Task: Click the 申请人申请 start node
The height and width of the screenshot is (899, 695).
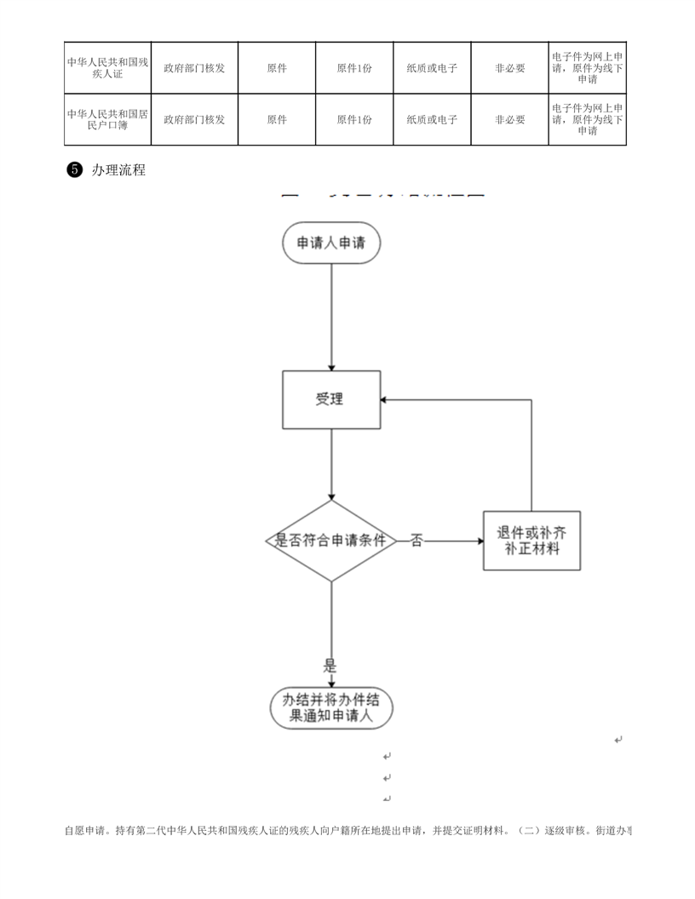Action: pyautogui.click(x=330, y=243)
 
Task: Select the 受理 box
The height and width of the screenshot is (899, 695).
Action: pyautogui.click(x=330, y=399)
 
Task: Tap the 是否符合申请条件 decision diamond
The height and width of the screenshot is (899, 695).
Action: pyautogui.click(x=330, y=541)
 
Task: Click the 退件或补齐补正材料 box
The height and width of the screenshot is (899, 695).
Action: pyautogui.click(x=532, y=541)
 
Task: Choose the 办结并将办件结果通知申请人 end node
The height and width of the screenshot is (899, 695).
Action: pyautogui.click(x=331, y=707)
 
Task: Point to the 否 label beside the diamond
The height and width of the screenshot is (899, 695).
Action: pyautogui.click(x=416, y=541)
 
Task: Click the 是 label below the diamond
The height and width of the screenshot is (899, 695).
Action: pyautogui.click(x=330, y=666)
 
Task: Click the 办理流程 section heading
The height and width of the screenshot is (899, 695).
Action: pyautogui.click(x=118, y=170)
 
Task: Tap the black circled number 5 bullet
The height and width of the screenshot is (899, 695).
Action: pyautogui.click(x=73, y=170)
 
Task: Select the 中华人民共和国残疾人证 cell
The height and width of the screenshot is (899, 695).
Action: pyautogui.click(x=108, y=67)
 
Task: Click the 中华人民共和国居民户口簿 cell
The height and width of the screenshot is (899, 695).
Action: pyautogui.click(x=108, y=119)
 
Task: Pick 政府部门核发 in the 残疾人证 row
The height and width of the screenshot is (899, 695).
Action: pyautogui.click(x=194, y=67)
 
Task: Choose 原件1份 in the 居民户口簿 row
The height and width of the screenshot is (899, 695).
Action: pyautogui.click(x=354, y=119)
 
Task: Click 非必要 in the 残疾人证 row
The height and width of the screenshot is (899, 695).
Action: pyautogui.click(x=510, y=67)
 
